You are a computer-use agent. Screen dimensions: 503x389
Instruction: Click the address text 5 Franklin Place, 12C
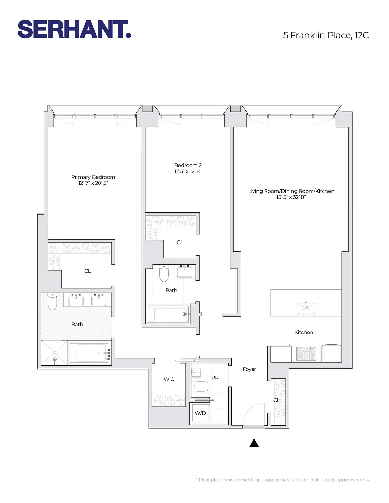click(326, 35)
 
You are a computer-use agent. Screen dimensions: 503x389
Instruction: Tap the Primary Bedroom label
click(93, 177)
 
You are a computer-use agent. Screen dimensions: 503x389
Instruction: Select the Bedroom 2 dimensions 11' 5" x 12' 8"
click(188, 171)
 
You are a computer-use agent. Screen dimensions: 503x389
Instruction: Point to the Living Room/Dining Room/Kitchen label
click(291, 191)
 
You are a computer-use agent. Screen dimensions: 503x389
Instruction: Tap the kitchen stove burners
click(306, 354)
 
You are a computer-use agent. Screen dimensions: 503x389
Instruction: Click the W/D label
click(200, 413)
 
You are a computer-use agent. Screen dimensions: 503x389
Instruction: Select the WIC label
click(169, 379)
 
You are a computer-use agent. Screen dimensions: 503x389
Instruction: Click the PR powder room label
click(215, 378)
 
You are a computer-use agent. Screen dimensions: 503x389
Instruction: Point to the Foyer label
click(249, 369)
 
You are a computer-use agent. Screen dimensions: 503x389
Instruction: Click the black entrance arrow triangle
click(254, 443)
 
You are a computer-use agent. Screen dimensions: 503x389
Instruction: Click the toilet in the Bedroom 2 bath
click(164, 274)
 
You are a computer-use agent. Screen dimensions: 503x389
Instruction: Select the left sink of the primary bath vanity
click(76, 300)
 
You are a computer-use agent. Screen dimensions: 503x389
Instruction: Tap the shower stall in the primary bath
click(54, 353)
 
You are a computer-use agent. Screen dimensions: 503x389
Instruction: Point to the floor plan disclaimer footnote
click(283, 480)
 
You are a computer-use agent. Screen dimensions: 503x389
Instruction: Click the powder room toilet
click(201, 386)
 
